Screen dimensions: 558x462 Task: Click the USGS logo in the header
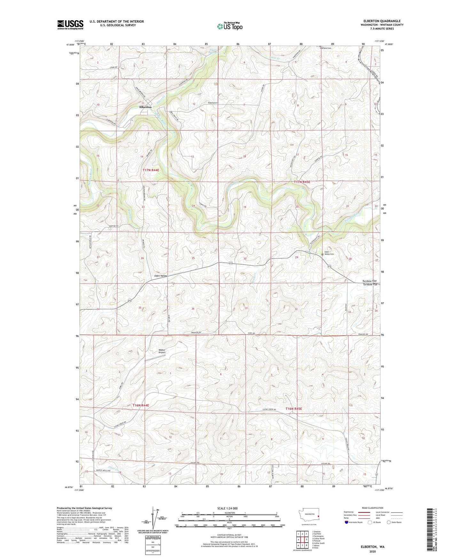[x=70, y=25]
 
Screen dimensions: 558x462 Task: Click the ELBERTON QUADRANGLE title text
[x=382, y=21]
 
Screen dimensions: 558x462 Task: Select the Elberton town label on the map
[x=145, y=107]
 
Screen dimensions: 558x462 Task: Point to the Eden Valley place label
[x=161, y=275]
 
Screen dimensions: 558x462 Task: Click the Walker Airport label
[x=162, y=351]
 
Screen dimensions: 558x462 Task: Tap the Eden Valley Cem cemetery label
[x=329, y=253]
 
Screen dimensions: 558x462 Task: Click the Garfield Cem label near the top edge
[x=326, y=48]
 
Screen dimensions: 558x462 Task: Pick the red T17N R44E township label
[x=151, y=170]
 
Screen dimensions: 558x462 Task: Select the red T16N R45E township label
[x=294, y=409]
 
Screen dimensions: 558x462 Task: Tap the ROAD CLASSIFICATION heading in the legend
[x=372, y=508]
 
